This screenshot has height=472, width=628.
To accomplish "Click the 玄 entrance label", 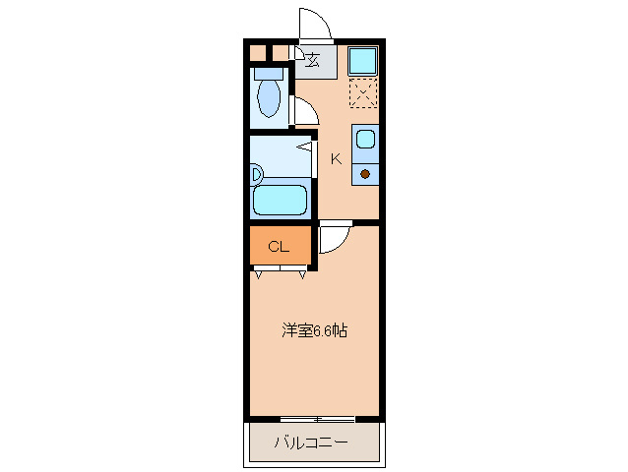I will [x=313, y=61].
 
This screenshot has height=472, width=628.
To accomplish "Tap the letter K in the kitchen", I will [x=336, y=159].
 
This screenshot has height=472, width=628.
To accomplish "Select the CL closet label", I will [x=279, y=246].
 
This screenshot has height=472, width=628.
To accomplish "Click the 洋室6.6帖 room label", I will [x=314, y=331].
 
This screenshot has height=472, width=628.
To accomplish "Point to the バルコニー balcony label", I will [x=311, y=443].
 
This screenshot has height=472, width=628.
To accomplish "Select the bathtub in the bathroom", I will [x=281, y=200].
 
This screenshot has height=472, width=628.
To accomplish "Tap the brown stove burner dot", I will [x=365, y=175].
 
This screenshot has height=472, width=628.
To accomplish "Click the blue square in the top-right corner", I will [x=363, y=61].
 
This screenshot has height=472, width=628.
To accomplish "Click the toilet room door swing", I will [x=304, y=111].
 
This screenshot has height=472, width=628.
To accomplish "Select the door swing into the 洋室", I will [x=332, y=239].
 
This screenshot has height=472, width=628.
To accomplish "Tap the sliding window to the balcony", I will [x=316, y=420].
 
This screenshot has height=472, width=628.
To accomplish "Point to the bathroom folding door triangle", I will [x=305, y=147].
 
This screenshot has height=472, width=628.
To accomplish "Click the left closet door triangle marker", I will [x=258, y=274].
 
